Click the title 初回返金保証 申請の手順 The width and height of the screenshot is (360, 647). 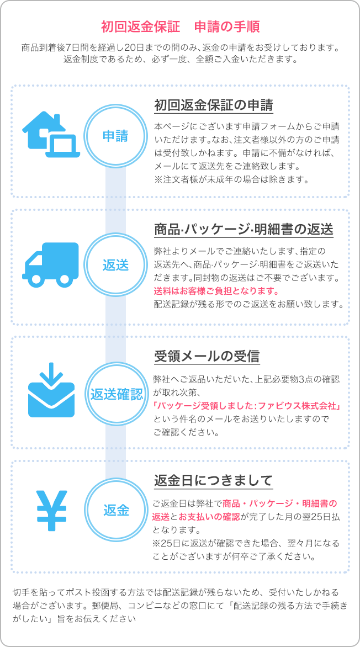180,27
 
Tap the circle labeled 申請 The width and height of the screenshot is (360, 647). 115,136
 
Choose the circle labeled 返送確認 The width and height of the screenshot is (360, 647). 115,395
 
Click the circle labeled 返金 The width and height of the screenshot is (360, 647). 115,511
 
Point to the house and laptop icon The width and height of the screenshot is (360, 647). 51,135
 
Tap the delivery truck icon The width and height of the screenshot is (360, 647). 50,264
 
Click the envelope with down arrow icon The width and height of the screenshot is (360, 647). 51,390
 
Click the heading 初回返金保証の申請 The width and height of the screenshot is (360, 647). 214,105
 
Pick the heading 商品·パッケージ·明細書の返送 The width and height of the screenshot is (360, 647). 243,230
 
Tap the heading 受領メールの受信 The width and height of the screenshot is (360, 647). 207,356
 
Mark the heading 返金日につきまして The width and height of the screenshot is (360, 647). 214,480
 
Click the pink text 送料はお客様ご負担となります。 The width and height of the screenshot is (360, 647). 216,291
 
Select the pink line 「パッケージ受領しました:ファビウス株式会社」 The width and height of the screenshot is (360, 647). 246,407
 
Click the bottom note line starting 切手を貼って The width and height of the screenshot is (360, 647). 176,592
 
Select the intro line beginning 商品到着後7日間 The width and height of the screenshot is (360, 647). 180,48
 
